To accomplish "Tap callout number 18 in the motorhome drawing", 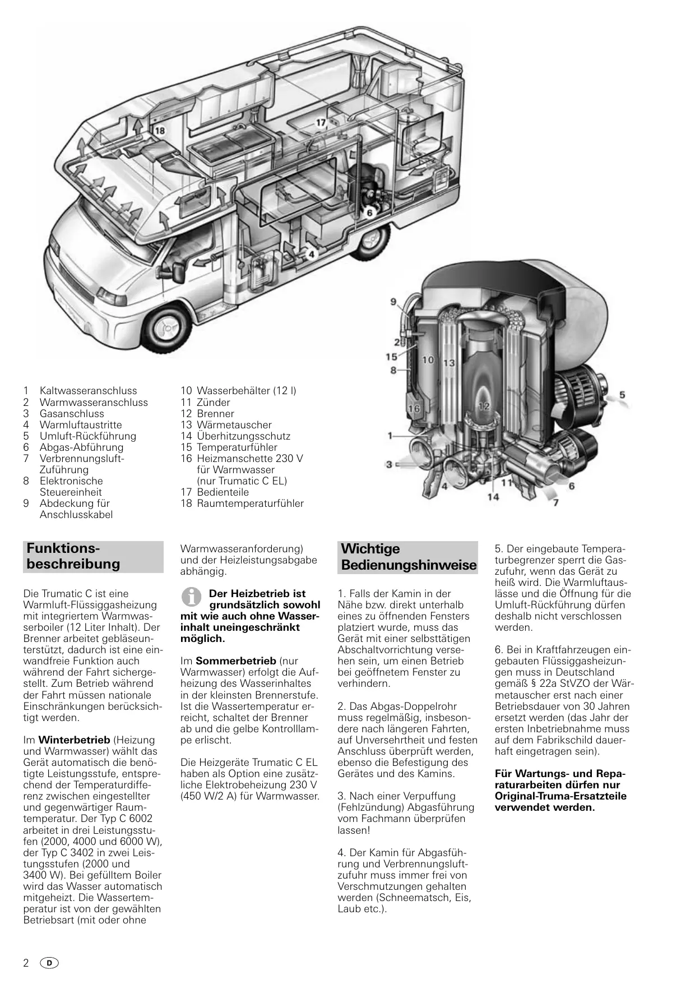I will (x=160, y=131).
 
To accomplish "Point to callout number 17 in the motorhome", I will (x=321, y=123).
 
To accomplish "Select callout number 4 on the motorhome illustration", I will (x=312, y=254).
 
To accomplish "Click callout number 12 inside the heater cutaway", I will (x=484, y=406).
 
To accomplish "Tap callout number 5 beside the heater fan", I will (x=622, y=396).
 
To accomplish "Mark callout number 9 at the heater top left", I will (x=393, y=302).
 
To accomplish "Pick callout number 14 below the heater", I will (x=493, y=496).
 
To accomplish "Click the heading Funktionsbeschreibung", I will (x=73, y=556).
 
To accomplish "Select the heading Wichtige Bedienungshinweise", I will (x=409, y=557).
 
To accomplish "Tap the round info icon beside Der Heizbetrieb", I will (x=192, y=597).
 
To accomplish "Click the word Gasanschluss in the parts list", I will (x=71, y=414).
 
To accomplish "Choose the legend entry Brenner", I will (x=215, y=414).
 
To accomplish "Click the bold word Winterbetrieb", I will (x=74, y=740).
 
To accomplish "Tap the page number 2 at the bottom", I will (x=26, y=963).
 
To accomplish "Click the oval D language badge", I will (x=49, y=963).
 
